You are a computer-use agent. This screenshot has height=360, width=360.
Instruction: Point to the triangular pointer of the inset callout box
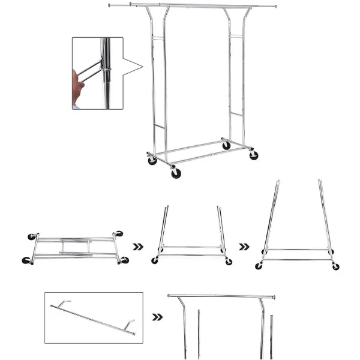[136, 68]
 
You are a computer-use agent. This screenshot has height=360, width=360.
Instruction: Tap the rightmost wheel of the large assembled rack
[254, 155]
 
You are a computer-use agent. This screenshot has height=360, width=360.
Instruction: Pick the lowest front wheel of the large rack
[176, 173]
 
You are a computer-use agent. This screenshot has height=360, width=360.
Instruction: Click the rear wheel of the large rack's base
[226, 146]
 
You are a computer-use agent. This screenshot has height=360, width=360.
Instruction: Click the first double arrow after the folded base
[138, 246]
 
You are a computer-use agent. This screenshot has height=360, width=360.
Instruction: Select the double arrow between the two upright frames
[244, 246]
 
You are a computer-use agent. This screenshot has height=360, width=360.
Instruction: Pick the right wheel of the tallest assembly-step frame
[335, 266]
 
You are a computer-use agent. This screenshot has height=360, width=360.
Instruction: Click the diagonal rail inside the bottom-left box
[93, 317]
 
